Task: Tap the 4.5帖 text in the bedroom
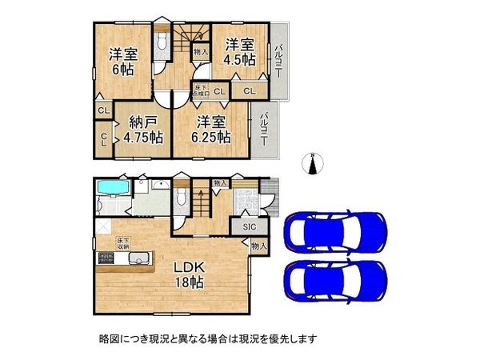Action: click(239, 58)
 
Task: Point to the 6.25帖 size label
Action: click(211, 137)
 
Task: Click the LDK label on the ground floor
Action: click(190, 267)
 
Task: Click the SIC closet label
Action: click(249, 227)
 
